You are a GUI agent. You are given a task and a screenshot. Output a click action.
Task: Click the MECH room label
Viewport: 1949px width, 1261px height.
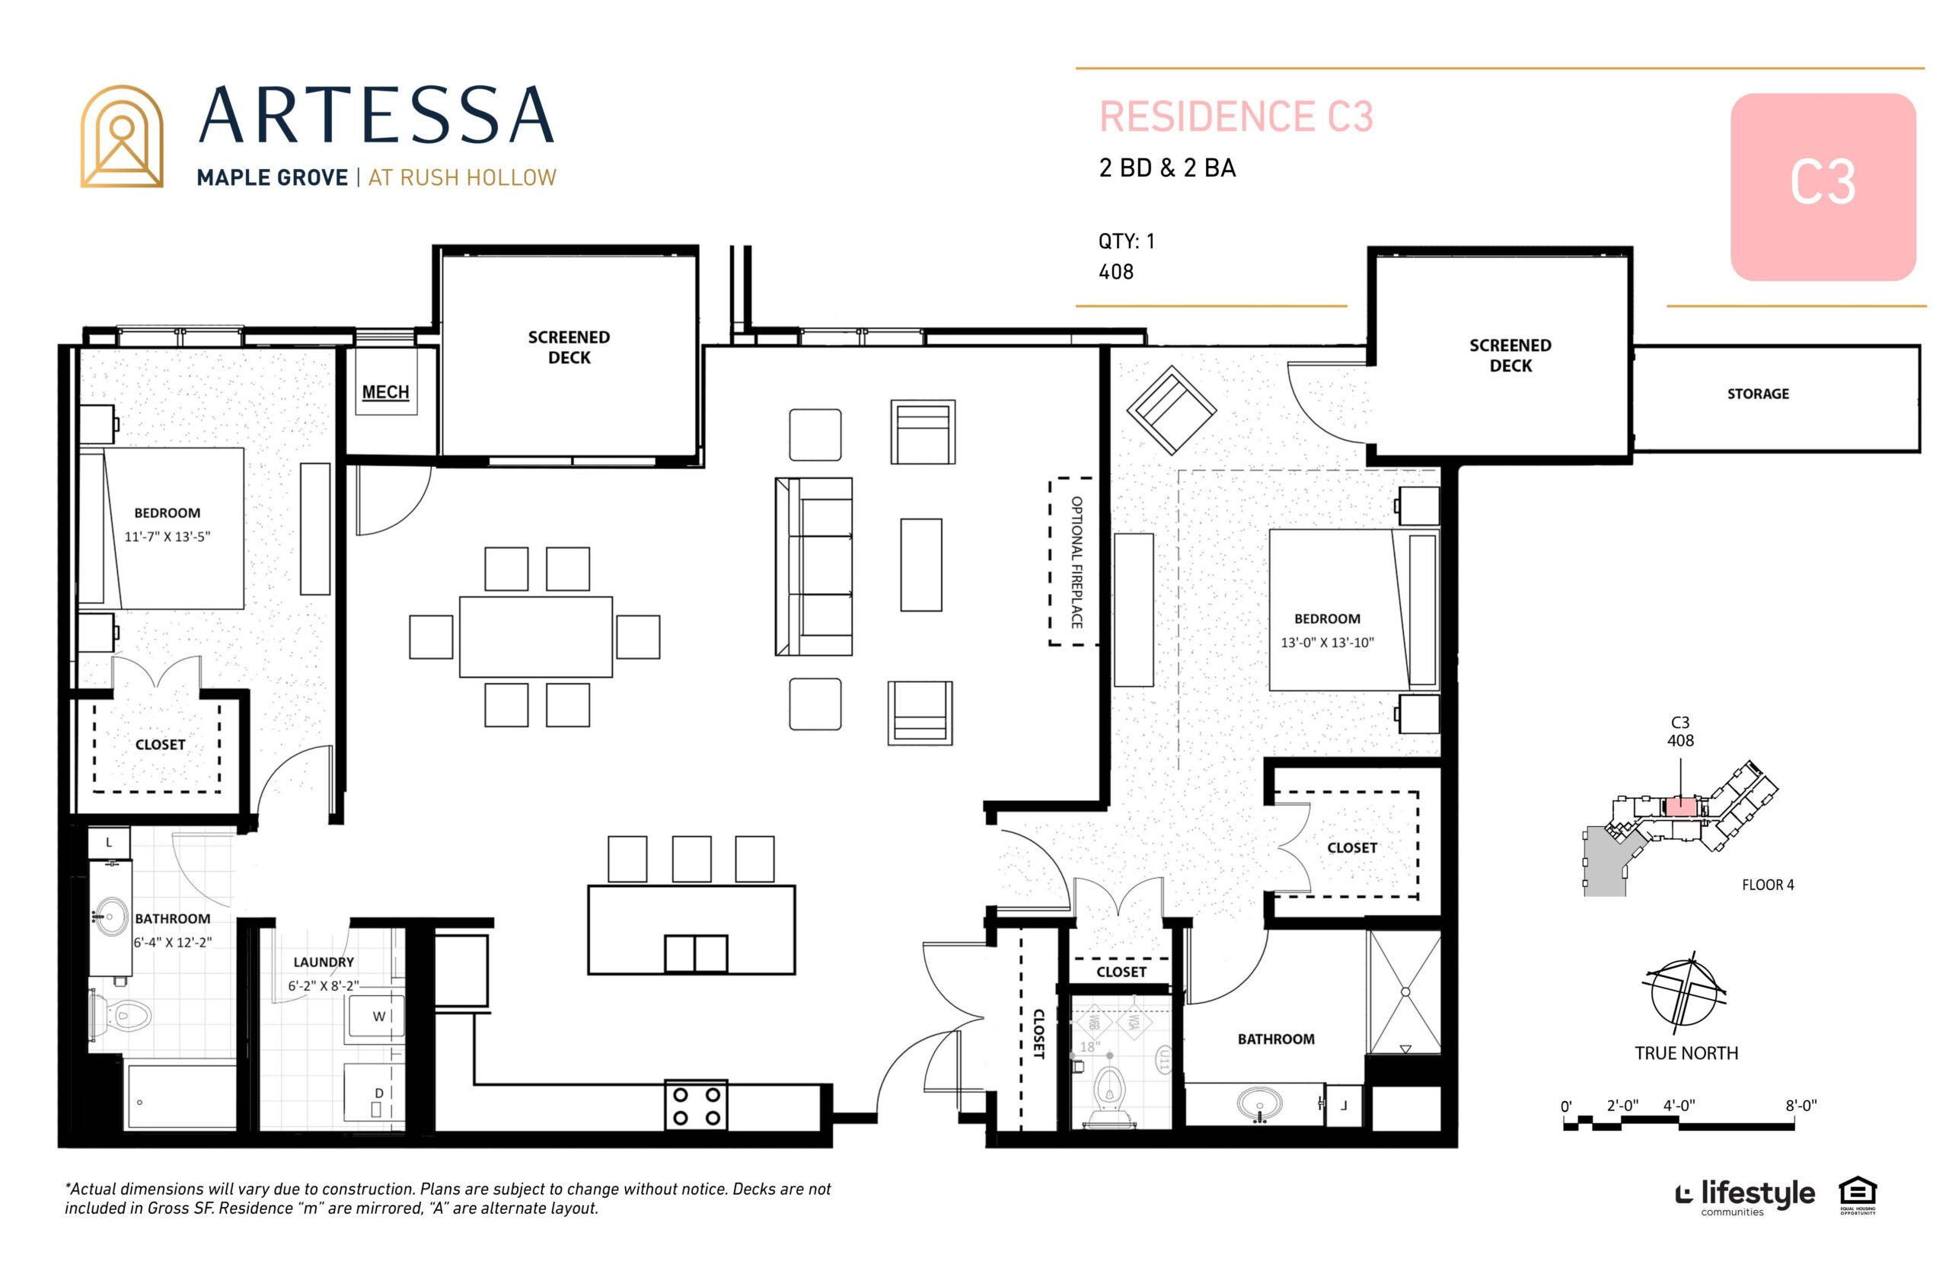[x=384, y=392]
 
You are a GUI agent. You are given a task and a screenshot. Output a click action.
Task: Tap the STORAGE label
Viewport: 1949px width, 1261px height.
[x=1757, y=394]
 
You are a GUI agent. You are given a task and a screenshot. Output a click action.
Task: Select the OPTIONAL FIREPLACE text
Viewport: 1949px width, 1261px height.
[x=1077, y=562]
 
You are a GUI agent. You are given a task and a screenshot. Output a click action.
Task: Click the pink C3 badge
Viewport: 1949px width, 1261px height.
[x=1822, y=187]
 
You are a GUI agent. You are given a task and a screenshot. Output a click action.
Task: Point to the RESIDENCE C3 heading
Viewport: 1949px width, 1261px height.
[x=1235, y=117]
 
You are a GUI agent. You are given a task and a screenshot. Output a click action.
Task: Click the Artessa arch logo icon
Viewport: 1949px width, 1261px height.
[x=121, y=137]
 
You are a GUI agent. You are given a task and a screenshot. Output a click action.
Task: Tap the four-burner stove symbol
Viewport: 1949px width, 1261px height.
[x=696, y=1106]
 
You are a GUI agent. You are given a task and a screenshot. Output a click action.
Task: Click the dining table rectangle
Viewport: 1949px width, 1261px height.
[x=535, y=637]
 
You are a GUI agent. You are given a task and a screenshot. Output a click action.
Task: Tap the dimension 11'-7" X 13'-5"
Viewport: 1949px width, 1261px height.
[x=167, y=537]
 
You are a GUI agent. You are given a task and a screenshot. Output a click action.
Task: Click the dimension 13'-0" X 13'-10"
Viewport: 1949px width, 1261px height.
[x=1327, y=643]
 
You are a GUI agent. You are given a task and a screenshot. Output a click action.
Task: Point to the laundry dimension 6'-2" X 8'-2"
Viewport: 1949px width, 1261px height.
[x=324, y=986]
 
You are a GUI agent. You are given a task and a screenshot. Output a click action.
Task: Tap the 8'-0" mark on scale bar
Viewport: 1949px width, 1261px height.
[x=1800, y=1106]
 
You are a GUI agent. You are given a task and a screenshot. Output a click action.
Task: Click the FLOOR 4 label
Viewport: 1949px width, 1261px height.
[x=1767, y=885]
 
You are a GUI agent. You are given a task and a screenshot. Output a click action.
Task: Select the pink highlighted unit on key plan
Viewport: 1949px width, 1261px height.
[x=1679, y=806]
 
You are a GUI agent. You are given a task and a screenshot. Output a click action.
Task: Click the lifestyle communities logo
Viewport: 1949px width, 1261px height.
[x=1744, y=1196]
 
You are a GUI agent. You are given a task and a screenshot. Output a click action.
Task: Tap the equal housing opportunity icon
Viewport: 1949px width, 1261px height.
[x=1858, y=1196]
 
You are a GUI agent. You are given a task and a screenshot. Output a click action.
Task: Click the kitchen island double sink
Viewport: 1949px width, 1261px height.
[x=695, y=953]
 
